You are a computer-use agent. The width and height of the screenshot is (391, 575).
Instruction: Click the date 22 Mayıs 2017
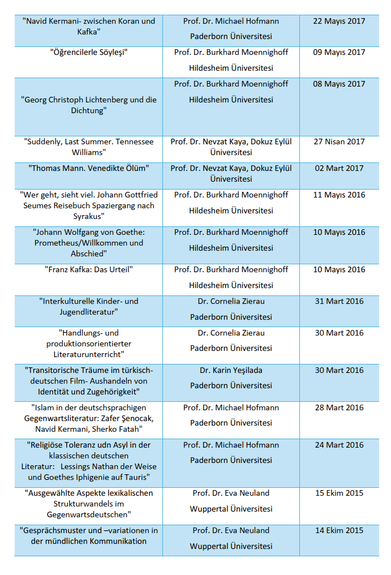click(339, 21)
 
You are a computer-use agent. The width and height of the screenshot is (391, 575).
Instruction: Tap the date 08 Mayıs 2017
click(339, 84)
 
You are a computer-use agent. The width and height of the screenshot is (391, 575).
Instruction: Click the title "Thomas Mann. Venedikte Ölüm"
click(88, 168)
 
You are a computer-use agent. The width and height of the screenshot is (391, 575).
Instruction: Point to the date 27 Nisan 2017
click(339, 141)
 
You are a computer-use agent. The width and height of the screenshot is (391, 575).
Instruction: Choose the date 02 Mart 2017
click(339, 168)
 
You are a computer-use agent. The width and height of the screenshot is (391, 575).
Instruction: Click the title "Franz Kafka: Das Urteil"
click(88, 269)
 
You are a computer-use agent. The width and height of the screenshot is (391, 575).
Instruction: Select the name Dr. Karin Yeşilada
click(231, 370)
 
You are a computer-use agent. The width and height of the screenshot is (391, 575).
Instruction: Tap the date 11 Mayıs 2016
click(339, 195)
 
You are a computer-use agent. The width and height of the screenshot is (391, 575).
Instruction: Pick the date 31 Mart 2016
click(339, 301)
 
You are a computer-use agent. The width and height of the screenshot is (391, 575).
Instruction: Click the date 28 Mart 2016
click(339, 407)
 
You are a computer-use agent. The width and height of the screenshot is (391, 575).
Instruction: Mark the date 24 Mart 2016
click(339, 445)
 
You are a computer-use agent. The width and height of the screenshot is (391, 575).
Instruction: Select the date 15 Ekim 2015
click(339, 493)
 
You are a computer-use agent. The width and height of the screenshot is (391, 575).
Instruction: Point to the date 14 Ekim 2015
click(339, 530)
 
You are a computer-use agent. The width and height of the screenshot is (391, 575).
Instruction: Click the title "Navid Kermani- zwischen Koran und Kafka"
click(88, 26)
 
